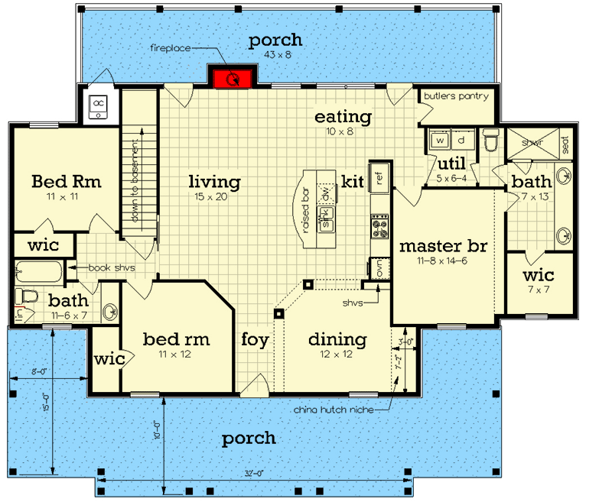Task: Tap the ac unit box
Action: point(99,107)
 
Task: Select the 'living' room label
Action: point(215,182)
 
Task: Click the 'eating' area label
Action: point(343,117)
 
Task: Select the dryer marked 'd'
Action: point(461,141)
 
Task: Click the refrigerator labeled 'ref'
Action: point(378,176)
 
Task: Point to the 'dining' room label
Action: point(337,339)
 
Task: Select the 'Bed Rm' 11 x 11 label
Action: point(67,182)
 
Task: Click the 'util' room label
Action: point(448,164)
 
